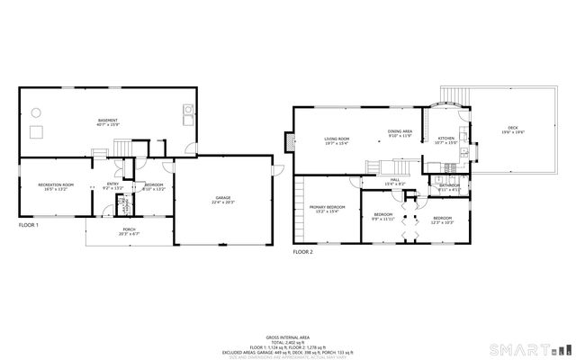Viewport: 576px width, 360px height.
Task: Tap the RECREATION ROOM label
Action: (x=56, y=184)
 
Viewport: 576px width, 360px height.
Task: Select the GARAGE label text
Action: (x=223, y=198)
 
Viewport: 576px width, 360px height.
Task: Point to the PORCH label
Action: (x=130, y=230)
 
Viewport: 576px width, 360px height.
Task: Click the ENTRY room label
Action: (x=112, y=184)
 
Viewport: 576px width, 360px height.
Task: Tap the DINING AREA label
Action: (x=400, y=132)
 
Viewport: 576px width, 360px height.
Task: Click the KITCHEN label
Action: (x=446, y=139)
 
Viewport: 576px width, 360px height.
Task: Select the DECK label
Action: (x=512, y=129)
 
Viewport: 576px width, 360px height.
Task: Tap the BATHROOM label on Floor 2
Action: (x=449, y=185)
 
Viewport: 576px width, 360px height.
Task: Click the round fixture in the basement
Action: (x=36, y=112)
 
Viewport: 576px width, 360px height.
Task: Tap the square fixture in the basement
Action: (x=37, y=133)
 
